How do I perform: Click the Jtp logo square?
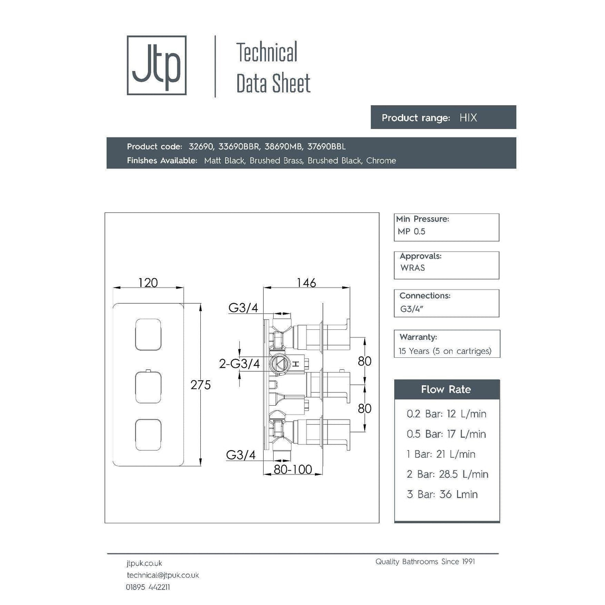156,65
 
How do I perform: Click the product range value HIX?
468,118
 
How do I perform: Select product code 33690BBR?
239,147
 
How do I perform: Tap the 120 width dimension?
148,283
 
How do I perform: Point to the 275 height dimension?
200,385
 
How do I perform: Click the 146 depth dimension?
306,283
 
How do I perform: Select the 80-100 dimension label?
293,469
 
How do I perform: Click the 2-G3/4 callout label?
239,364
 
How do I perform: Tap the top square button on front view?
148,333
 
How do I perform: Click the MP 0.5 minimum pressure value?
412,231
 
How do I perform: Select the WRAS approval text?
413,268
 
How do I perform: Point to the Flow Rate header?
446,389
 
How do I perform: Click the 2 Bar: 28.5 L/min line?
447,474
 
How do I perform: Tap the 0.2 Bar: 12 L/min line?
446,414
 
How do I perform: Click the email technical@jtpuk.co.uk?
162,575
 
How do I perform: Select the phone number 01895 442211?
148,587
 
